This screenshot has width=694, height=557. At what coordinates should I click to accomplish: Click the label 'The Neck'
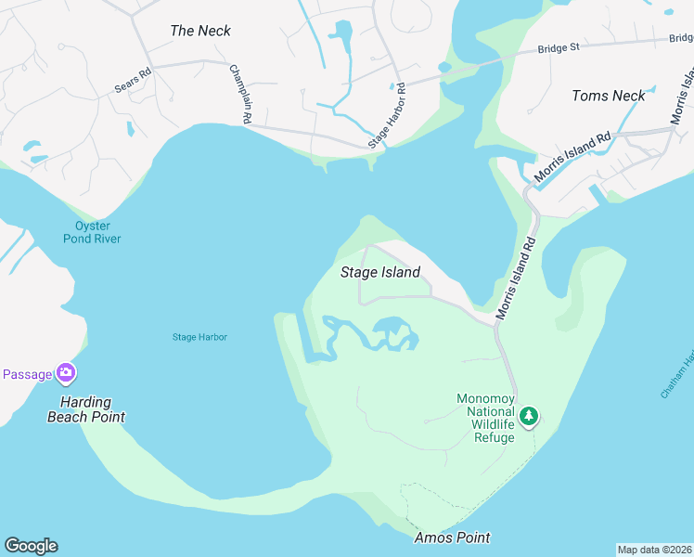click(200, 31)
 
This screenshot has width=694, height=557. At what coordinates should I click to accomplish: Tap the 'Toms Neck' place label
click(609, 96)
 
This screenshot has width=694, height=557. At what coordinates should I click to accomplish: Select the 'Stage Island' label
click(380, 272)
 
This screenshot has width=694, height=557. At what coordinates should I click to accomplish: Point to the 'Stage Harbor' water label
click(199, 337)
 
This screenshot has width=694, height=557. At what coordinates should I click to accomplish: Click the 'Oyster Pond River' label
click(92, 232)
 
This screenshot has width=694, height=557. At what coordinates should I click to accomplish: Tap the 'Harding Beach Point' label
click(86, 409)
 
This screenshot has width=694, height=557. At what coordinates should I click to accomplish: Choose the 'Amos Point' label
click(453, 538)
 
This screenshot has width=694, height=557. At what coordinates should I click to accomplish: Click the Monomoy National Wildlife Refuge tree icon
click(529, 415)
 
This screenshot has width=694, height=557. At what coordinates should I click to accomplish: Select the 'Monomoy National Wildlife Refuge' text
click(485, 419)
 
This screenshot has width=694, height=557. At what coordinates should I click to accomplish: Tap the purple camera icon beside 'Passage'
click(65, 374)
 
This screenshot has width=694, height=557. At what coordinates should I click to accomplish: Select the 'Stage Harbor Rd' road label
click(388, 116)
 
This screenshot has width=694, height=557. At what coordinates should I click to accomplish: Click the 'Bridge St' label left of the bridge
click(559, 46)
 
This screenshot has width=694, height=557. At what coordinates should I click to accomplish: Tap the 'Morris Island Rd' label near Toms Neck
click(573, 156)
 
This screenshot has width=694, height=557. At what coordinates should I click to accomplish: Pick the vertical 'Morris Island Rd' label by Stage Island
click(517, 276)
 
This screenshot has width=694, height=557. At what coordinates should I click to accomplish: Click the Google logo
click(31, 546)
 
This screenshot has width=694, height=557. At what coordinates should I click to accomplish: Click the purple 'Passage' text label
click(26, 374)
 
